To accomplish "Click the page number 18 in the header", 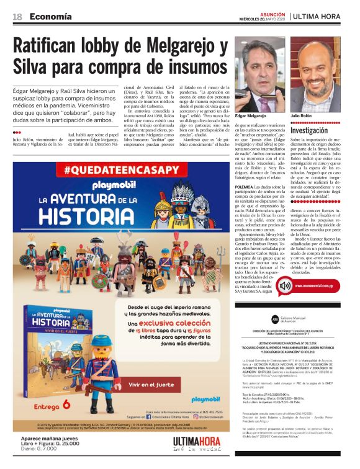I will click(x=17, y=16).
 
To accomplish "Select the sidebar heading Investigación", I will click(x=308, y=132).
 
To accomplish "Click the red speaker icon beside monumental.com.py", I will click(x=284, y=286).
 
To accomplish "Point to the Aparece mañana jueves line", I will click(x=39, y=438).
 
